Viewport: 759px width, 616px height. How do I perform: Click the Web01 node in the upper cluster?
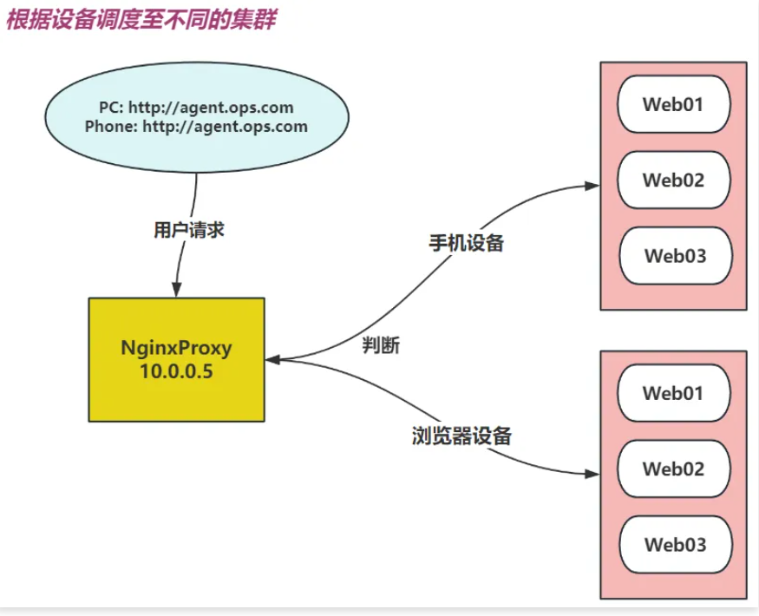point(673,104)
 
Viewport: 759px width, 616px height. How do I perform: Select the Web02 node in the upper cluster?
point(673,180)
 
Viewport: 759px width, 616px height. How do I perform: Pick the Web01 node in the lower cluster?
point(673,392)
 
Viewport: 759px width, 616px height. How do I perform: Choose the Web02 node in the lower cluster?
point(673,469)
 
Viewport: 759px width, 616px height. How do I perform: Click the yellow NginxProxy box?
point(176,358)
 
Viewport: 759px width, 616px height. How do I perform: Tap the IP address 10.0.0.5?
point(176,370)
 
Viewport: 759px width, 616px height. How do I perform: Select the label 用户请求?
point(190,230)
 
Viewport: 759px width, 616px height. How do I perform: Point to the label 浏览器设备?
point(461,436)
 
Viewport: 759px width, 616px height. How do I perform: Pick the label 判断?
point(381,344)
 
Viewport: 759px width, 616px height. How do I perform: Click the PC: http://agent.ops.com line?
point(196,108)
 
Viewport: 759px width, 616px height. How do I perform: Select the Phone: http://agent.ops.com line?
point(196,127)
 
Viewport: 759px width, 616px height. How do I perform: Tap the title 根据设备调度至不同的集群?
point(141,19)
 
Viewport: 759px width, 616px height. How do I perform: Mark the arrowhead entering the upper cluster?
point(594,187)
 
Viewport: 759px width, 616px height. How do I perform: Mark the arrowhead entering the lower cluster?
point(594,474)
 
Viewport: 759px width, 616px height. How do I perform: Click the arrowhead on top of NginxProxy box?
point(178,291)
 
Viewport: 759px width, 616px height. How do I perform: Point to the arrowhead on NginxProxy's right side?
point(272,358)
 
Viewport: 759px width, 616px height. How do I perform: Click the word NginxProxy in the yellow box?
point(176,349)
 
